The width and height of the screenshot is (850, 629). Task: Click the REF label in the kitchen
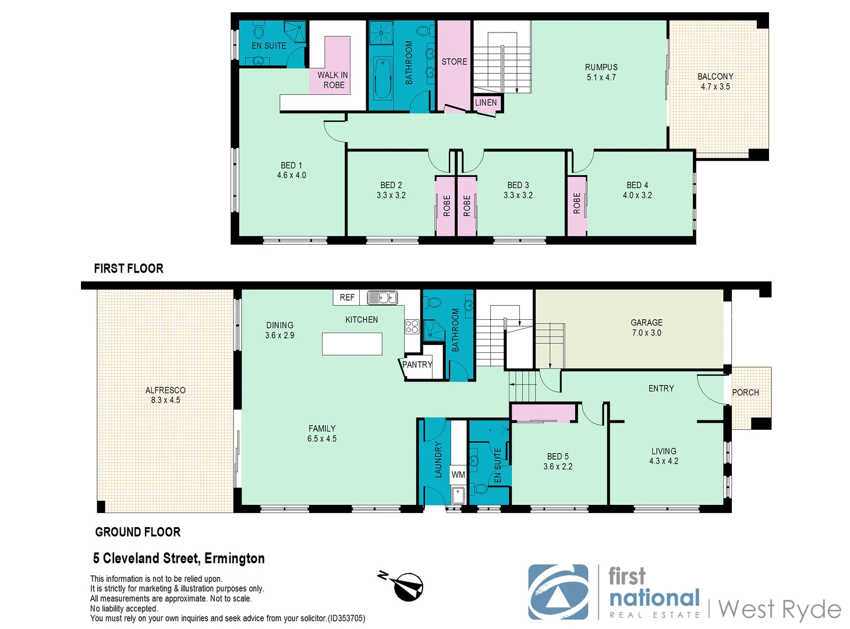click(347, 298)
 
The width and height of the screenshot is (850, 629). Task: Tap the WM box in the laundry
click(458, 475)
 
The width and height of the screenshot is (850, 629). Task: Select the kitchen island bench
click(352, 344)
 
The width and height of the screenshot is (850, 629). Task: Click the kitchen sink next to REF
click(382, 298)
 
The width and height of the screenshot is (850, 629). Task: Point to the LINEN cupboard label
click(486, 103)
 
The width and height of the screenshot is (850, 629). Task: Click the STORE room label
click(454, 62)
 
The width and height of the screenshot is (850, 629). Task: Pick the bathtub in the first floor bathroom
click(382, 78)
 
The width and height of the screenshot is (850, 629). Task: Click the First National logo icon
click(558, 592)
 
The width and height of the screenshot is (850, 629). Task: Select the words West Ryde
click(780, 609)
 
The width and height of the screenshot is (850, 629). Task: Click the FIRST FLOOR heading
click(129, 268)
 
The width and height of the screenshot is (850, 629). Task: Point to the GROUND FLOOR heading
click(138, 532)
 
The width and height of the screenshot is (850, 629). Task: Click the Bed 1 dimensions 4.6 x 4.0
click(291, 175)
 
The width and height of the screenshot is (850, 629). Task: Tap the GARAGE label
click(646, 323)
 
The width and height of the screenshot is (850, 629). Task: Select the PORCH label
click(745, 393)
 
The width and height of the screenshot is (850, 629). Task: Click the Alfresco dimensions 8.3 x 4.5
click(165, 400)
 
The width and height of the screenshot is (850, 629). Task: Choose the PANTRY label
click(417, 365)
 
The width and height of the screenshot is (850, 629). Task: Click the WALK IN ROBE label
click(333, 80)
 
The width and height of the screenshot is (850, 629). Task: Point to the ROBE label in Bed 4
click(577, 204)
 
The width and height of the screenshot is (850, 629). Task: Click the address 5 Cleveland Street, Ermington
click(179, 559)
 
